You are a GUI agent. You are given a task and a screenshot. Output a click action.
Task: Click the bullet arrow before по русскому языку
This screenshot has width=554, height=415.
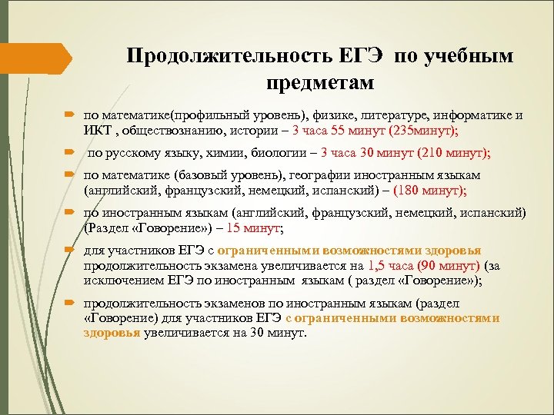coord(71,154)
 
